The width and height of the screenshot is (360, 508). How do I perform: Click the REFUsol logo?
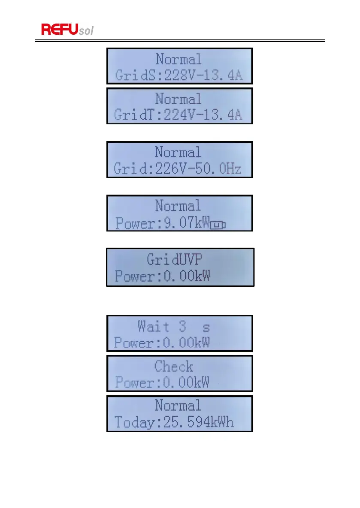tap(67, 29)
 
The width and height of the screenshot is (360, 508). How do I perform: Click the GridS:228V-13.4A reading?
tap(178, 76)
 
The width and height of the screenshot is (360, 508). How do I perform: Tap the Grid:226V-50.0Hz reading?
tap(178, 169)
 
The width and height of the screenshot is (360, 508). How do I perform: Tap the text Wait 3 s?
tap(174, 327)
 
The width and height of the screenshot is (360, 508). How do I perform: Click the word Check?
tap(174, 367)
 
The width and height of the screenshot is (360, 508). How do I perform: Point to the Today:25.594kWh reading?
tap(174, 423)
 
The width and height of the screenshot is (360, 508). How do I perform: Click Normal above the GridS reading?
tap(178, 59)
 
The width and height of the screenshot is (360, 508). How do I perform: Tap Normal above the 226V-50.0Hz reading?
tap(178, 152)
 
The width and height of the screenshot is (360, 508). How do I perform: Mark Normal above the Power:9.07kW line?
tap(178, 206)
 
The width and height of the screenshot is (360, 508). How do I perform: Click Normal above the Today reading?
tap(178, 406)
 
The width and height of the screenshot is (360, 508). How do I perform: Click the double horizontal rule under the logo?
tap(180, 41)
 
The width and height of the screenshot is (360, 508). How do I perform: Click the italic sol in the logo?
tap(86, 31)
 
